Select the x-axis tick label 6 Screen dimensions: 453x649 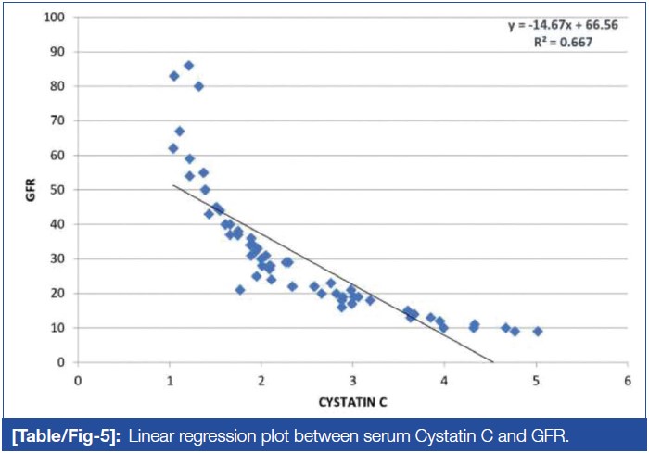(x=627, y=381)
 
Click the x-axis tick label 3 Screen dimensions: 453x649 (x=352, y=381)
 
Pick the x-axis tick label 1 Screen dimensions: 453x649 (x=170, y=381)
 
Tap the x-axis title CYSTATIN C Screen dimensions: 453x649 (x=352, y=403)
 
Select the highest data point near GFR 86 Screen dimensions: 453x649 (x=188, y=66)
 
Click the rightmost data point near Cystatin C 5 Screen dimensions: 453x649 (x=537, y=331)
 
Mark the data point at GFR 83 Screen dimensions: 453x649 (x=173, y=76)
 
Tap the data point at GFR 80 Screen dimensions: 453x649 (x=198, y=86)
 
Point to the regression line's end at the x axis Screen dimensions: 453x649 (x=493, y=361)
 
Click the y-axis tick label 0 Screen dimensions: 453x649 (x=62, y=362)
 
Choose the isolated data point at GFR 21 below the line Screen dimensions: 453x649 (x=239, y=290)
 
